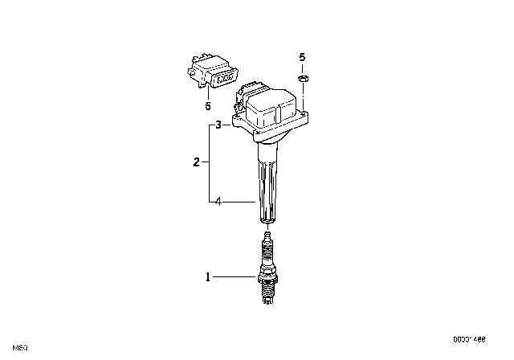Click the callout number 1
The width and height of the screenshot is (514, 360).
208,277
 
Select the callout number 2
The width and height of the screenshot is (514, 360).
197,162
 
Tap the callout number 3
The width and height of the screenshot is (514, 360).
217,125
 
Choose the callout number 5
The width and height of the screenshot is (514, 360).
303,57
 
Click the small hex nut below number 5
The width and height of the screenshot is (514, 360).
304,77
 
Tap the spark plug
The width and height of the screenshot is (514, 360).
267,270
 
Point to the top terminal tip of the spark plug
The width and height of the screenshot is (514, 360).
267,235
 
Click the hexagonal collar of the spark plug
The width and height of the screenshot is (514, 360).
267,279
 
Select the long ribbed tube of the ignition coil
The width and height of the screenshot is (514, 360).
268,185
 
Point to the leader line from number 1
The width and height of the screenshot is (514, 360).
235,277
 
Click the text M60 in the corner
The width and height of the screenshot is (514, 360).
21,348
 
